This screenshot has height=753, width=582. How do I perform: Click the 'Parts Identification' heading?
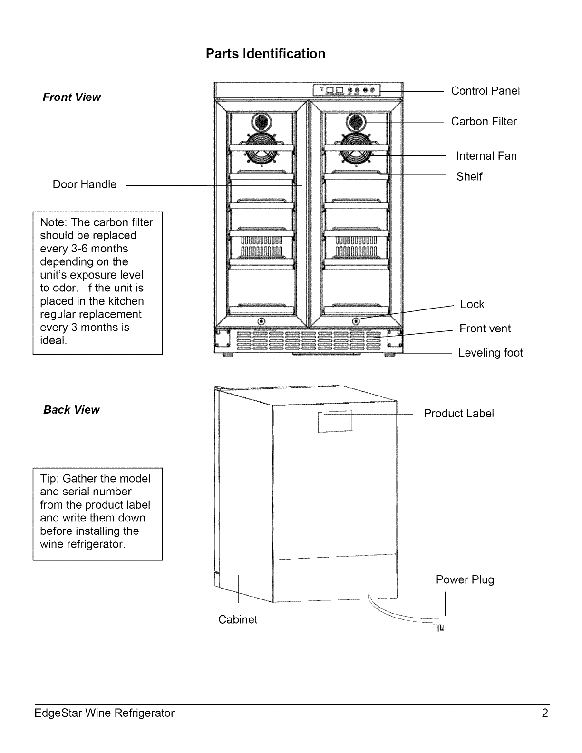click(265, 54)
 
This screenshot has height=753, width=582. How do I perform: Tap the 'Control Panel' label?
click(485, 91)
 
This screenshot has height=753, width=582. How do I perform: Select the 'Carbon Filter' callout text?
click(484, 122)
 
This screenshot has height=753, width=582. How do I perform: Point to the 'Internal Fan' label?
click(486, 156)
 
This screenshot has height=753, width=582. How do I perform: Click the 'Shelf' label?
click(469, 177)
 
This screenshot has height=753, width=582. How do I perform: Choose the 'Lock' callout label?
click(472, 304)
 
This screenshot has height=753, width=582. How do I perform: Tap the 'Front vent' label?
click(485, 328)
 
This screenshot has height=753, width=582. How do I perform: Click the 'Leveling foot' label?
click(490, 353)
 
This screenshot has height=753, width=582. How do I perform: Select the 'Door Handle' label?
click(85, 184)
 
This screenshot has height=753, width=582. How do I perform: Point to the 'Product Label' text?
click(458, 414)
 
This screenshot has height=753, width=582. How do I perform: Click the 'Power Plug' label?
click(465, 580)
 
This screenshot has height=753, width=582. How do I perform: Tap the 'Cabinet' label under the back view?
click(238, 619)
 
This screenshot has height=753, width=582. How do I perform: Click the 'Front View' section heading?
click(72, 97)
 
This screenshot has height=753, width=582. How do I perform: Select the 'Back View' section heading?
click(71, 410)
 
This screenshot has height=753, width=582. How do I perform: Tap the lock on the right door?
click(356, 322)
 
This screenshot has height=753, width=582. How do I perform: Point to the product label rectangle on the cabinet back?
click(335, 420)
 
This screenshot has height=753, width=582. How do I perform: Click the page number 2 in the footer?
click(544, 713)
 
